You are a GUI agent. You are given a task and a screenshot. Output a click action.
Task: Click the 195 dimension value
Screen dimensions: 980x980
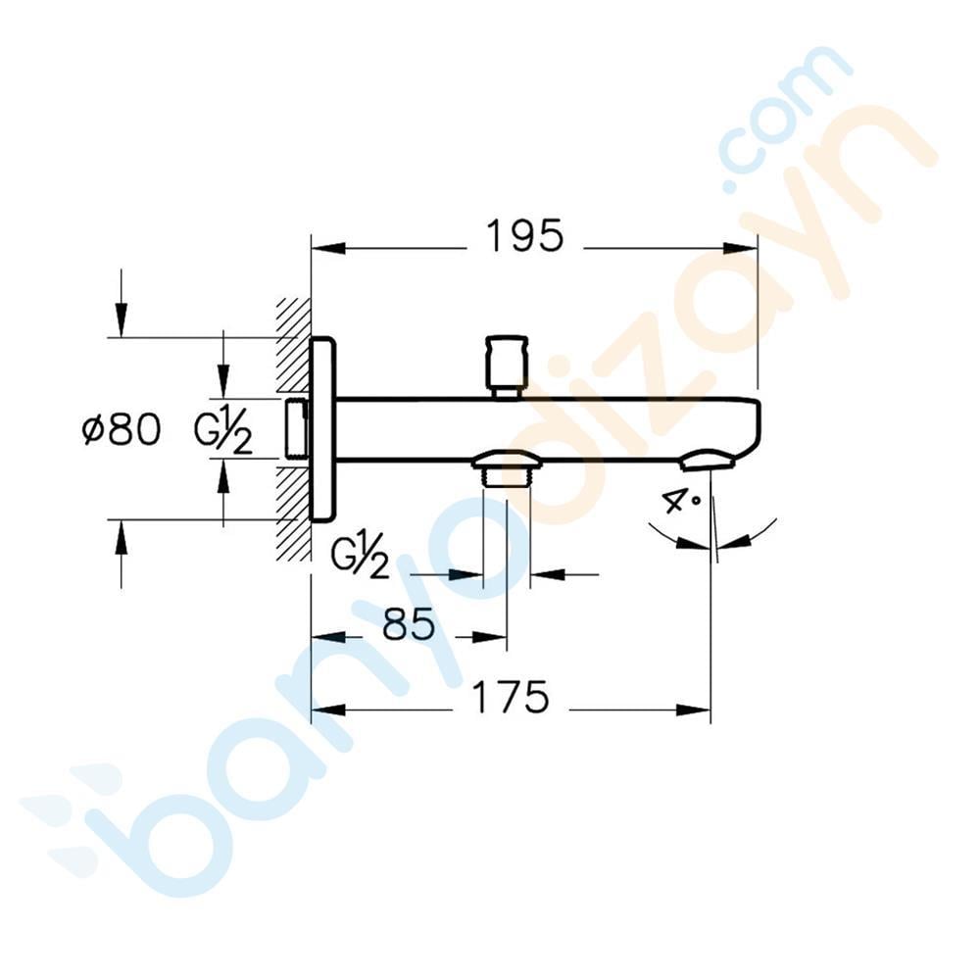tap(525, 236)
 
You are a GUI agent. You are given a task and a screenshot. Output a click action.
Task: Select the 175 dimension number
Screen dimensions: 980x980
tap(511, 699)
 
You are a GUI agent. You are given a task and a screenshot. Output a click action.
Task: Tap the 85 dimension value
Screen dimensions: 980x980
tap(409, 624)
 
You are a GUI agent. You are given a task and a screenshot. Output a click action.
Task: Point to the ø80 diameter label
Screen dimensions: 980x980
tap(122, 429)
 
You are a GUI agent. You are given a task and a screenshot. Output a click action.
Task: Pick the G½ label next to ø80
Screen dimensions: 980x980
tap(223, 432)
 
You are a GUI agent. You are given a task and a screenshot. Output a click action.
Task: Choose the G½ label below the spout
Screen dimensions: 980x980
tap(360, 557)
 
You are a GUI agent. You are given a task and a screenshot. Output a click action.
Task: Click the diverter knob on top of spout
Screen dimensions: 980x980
tap(506, 366)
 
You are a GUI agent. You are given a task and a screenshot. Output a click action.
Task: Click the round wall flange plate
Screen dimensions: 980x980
tap(322, 428)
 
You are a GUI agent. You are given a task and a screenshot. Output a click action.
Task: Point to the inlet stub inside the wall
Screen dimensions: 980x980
tap(295, 427)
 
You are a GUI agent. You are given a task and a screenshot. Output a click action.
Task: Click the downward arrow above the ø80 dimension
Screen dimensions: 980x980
tap(121, 319)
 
